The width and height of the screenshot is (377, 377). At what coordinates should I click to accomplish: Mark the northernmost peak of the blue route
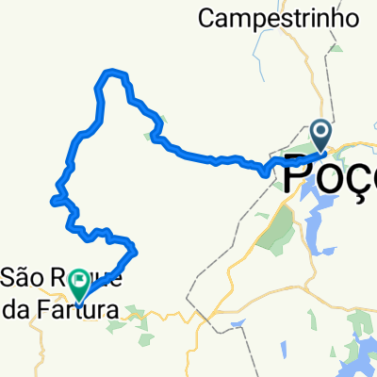[115, 72]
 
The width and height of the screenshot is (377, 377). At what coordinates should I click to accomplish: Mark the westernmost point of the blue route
[52, 199]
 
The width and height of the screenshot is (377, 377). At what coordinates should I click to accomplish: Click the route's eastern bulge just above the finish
[135, 249]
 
